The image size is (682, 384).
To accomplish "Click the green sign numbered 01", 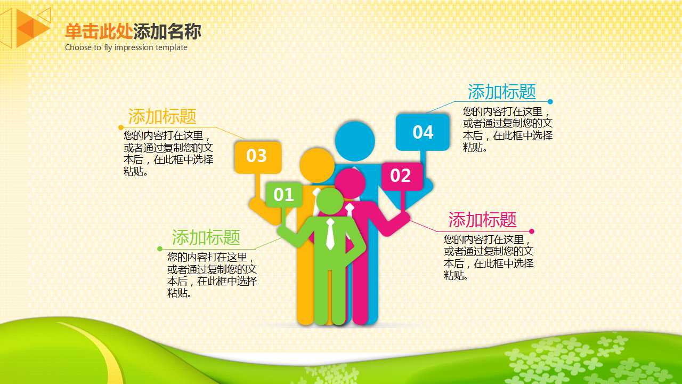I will (283, 195).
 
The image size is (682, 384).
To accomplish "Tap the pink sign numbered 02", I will (401, 175).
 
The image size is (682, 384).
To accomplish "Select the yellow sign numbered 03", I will (257, 156).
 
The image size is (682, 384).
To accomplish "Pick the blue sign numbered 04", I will (423, 132).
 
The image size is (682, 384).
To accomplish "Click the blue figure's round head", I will (355, 141).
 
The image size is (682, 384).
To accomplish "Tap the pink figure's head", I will (350, 183).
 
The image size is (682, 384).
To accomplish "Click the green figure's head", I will (330, 201).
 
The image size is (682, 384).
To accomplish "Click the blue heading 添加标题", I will (501, 92).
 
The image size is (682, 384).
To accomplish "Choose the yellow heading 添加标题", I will (162, 116).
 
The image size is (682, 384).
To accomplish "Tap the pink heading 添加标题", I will (482, 220).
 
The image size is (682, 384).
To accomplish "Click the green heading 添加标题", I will (206, 237).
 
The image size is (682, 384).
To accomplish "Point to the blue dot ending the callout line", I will (550, 102).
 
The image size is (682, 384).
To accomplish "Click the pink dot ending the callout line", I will (531, 231).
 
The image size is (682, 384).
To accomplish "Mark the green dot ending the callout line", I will (160, 249).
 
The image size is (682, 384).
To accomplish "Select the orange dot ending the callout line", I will (120, 127).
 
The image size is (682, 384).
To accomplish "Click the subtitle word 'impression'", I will (133, 47).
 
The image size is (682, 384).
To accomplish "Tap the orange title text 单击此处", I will (99, 32).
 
